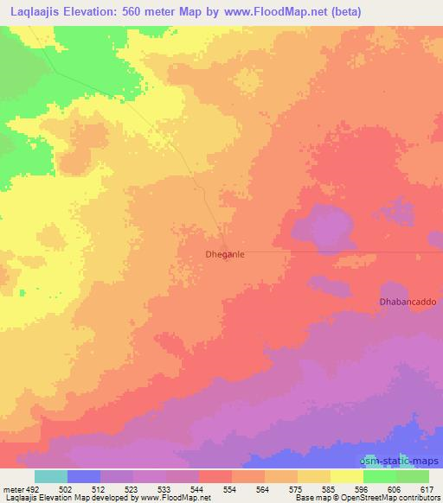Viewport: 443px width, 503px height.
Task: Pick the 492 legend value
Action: pos(32,489)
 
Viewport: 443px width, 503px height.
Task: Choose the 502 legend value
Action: pos(67,489)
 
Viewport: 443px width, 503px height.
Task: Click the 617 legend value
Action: pos(427,489)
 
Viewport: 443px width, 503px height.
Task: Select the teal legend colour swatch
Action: pos(50,476)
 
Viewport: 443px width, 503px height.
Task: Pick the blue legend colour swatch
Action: pos(83,476)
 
